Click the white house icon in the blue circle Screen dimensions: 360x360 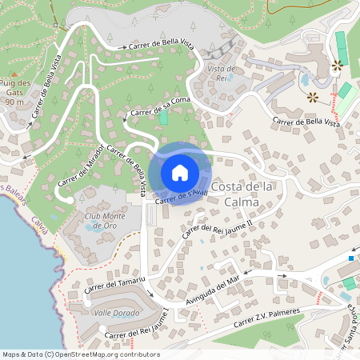(180, 172)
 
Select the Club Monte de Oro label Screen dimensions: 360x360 (106, 221)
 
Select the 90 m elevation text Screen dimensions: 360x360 (14, 102)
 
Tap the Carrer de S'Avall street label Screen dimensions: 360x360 (176, 197)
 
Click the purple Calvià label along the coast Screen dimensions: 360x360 (40, 224)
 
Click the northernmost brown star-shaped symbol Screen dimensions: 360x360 (337, 63)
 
